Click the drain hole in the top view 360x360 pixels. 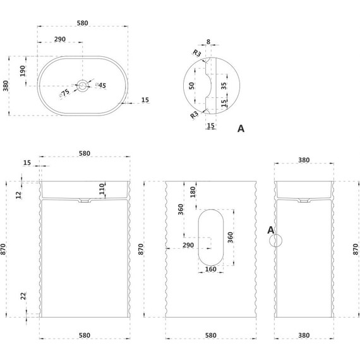click(83, 86)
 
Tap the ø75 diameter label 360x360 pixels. click(64, 93)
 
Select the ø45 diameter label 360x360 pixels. click(101, 85)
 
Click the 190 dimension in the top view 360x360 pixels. click(23, 71)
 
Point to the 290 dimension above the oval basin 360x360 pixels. click(60, 39)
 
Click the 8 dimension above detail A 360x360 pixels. click(208, 42)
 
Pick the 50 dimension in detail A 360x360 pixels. click(191, 86)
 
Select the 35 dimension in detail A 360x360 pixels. click(224, 86)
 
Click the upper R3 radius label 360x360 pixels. click(197, 53)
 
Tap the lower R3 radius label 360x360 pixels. click(195, 114)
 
